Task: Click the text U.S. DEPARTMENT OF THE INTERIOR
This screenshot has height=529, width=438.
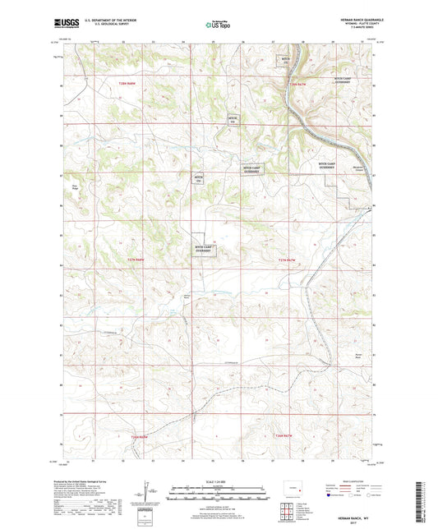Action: coord(103,21)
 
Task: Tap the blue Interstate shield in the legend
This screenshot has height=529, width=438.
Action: coord(330,495)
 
